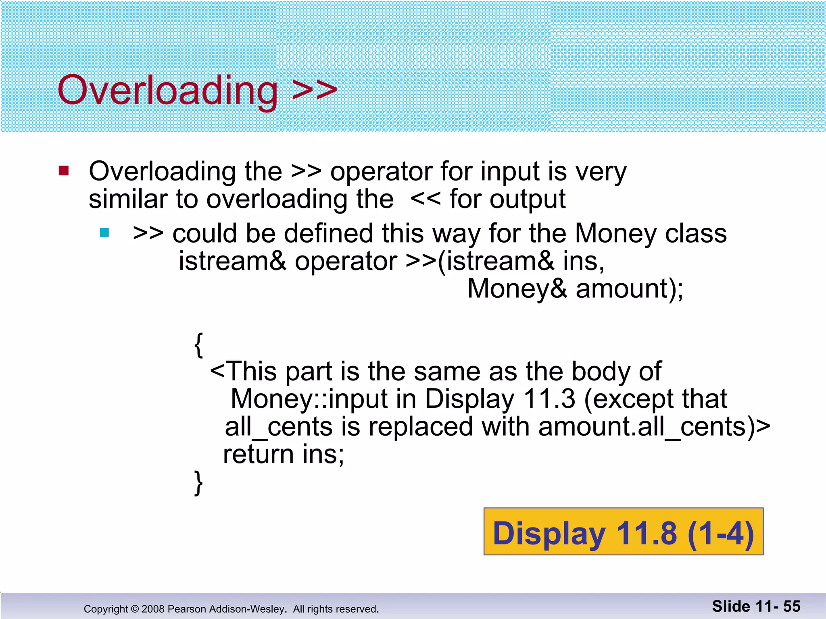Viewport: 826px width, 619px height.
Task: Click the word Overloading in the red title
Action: (167, 90)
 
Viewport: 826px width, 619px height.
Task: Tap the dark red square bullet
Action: (64, 171)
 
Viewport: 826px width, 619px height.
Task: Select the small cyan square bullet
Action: (104, 233)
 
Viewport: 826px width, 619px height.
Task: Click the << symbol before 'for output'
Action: (426, 199)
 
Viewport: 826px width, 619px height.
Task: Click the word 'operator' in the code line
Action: (346, 262)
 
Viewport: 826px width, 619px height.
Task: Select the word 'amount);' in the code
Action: (630, 289)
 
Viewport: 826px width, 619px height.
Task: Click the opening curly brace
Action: (198, 345)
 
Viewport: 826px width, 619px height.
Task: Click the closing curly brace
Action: (198, 482)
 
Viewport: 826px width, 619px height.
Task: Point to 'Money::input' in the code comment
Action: (309, 399)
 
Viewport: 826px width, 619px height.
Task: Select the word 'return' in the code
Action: (258, 454)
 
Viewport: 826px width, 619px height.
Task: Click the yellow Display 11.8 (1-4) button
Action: (623, 532)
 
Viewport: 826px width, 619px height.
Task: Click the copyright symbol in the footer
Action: (135, 609)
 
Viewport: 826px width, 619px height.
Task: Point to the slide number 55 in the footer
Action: (792, 606)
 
